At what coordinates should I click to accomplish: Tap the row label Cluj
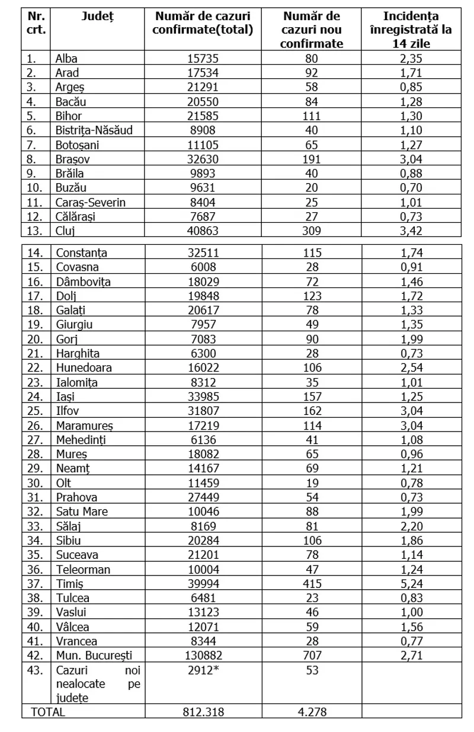click(x=65, y=231)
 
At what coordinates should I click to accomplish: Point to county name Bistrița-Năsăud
click(x=94, y=130)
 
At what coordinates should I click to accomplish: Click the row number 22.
click(x=36, y=367)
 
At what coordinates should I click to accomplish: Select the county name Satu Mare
click(x=81, y=512)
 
